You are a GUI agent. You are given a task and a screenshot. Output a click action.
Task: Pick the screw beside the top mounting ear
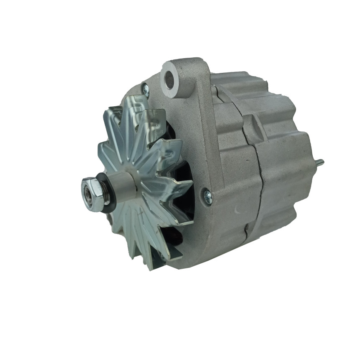click(145, 89)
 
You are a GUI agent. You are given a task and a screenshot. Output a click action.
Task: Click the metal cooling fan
click(142, 180)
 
